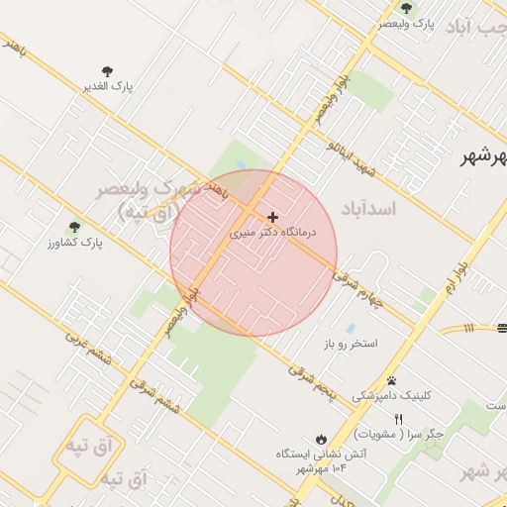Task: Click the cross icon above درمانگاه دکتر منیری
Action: (x=273, y=216)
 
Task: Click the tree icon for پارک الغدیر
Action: (x=107, y=71)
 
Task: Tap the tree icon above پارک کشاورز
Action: (x=74, y=227)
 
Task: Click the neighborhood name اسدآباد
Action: (x=367, y=209)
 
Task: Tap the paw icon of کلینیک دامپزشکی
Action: (x=392, y=380)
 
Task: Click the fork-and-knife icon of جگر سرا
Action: (x=398, y=419)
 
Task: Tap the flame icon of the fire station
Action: (x=321, y=438)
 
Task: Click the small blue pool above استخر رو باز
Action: (x=350, y=328)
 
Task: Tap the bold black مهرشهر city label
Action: (x=483, y=157)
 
